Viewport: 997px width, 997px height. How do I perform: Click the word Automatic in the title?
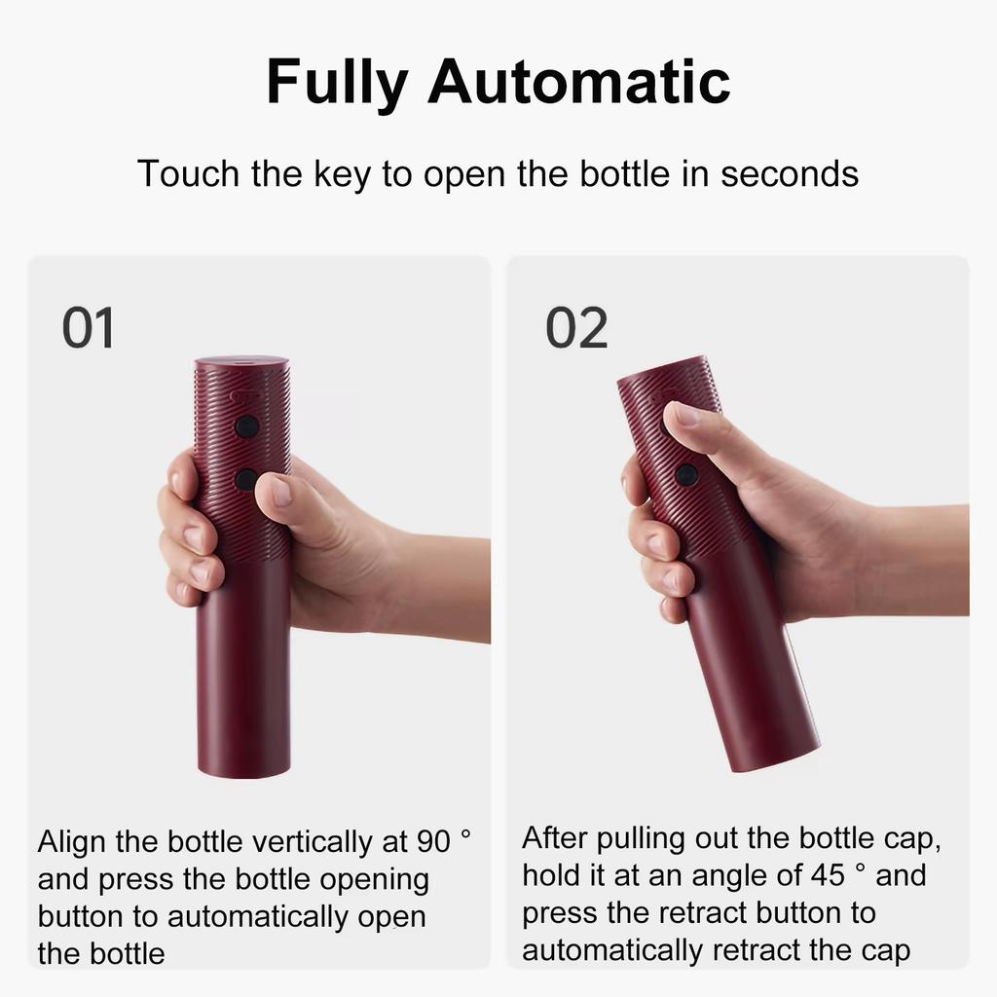(578, 82)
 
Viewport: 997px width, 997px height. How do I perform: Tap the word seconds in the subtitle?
(790, 174)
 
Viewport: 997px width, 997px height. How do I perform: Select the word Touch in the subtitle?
(187, 174)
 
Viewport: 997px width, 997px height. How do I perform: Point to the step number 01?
(89, 328)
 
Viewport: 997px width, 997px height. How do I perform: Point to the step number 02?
(575, 328)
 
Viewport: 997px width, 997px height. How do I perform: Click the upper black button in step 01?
(247, 426)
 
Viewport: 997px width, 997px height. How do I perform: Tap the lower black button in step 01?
(246, 479)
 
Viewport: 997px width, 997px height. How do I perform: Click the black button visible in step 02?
(687, 475)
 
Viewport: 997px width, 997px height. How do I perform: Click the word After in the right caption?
(554, 838)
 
